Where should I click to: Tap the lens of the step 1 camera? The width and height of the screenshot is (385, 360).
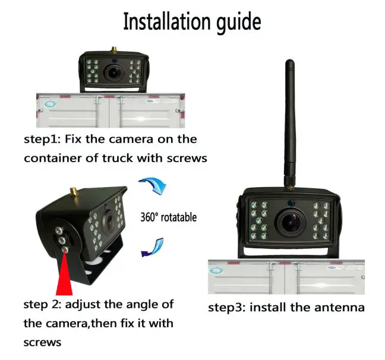point(112,72)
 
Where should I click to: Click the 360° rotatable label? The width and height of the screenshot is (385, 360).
point(168,217)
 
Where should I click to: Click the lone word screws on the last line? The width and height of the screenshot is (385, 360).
point(43,343)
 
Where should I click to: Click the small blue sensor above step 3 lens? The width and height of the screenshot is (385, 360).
point(292,202)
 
